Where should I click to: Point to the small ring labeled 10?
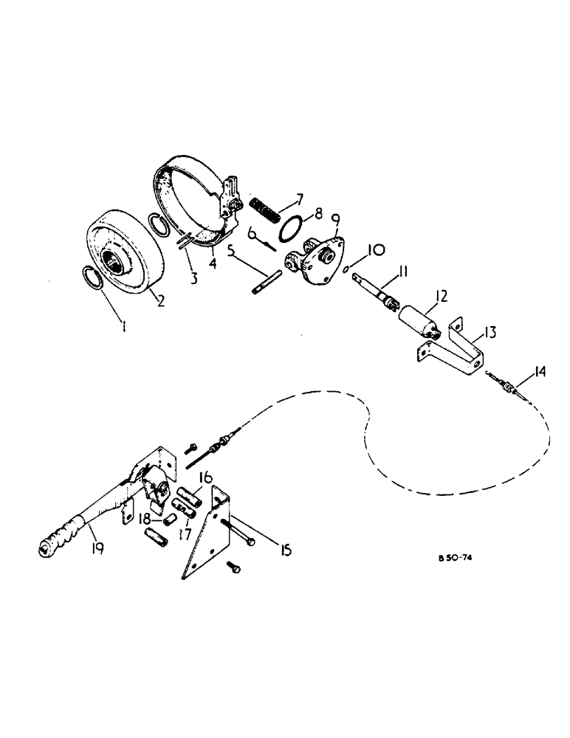point(345,271)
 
